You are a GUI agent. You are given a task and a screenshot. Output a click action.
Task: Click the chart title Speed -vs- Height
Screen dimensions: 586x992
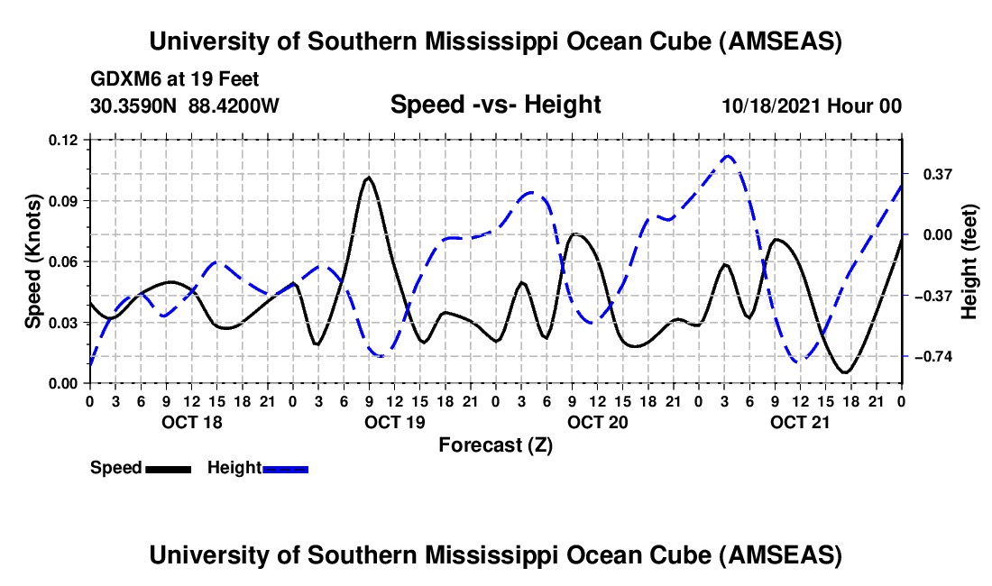click(495, 105)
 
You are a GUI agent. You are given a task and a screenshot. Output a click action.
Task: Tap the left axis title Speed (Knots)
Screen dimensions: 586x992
click(33, 261)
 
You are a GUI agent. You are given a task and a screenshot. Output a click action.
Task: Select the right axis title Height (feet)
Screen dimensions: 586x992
click(969, 261)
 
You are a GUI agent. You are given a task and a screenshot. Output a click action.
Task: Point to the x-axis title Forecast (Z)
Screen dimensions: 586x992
click(495, 444)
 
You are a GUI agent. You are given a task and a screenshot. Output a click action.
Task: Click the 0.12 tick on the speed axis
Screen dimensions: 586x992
click(66, 140)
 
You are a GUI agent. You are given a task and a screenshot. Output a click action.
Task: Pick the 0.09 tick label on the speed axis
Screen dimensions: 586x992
click(66, 200)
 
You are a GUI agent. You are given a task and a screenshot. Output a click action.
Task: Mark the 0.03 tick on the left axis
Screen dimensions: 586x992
click(66, 323)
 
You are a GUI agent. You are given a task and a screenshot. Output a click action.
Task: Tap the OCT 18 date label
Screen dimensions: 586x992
click(190, 422)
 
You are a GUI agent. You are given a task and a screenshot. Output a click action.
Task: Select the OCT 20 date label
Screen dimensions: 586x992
click(596, 422)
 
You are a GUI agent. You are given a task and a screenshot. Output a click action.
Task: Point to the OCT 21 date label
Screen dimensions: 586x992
click(800, 422)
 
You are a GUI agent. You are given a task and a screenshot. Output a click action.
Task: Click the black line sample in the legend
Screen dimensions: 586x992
click(168, 469)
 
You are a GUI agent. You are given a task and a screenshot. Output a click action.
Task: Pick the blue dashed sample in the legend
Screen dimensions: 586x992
click(285, 469)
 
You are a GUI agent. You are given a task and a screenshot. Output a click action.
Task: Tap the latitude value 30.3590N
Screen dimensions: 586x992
click(135, 105)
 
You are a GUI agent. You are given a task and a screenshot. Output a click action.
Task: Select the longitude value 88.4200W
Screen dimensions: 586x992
click(234, 105)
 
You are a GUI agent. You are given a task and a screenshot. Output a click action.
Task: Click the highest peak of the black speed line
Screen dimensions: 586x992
click(368, 178)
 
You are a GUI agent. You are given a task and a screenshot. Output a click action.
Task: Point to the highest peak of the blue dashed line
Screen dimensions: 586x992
click(729, 156)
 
